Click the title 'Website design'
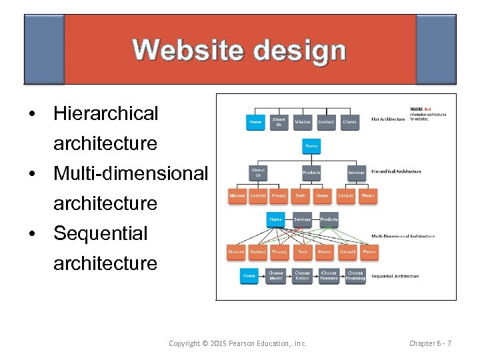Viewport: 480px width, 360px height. (239, 51)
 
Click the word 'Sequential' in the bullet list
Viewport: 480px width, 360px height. (101, 233)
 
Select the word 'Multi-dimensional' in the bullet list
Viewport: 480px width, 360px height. (131, 173)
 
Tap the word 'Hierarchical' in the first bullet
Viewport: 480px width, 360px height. (106, 113)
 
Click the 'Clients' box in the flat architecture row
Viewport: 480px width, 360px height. (349, 122)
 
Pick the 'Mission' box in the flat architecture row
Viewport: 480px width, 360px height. (303, 122)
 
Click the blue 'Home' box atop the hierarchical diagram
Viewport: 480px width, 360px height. (311, 145)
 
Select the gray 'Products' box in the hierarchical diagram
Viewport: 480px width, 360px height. (311, 172)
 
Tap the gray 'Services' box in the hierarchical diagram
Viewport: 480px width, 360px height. (357, 172)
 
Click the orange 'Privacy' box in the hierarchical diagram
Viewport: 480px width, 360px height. (279, 196)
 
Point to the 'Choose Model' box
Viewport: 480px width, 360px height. (276, 275)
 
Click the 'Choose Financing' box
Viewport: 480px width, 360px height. (355, 275)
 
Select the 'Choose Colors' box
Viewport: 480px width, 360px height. (303, 275)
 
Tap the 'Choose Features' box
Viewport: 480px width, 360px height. (329, 275)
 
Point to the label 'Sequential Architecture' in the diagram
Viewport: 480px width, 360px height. (395, 276)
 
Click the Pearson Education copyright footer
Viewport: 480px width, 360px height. (237, 343)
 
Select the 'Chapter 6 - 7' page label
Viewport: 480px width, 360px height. (430, 343)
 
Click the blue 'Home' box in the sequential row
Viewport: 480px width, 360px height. (249, 275)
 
